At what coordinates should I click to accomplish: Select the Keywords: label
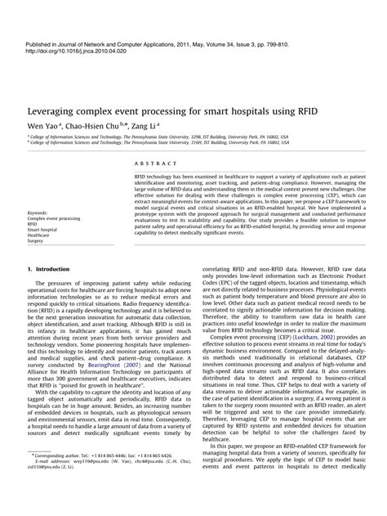coord(40,213)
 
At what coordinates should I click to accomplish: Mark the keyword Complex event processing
coord(54,219)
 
